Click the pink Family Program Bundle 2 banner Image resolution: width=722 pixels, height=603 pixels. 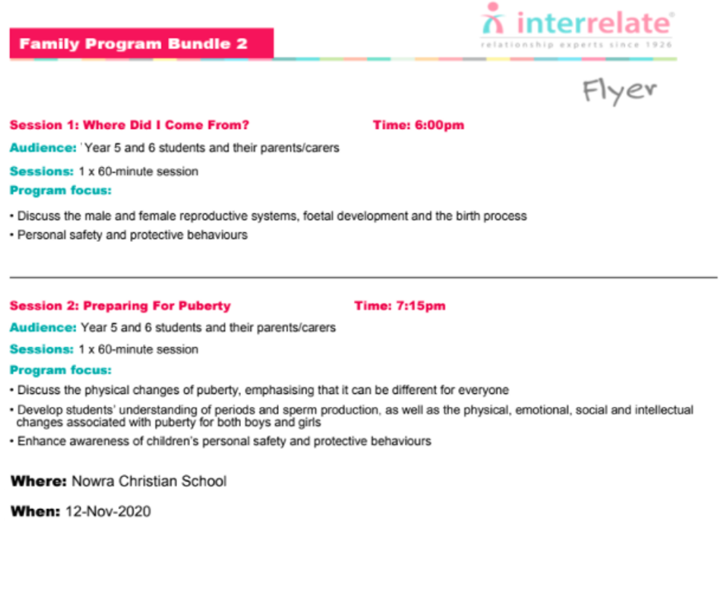click(141, 43)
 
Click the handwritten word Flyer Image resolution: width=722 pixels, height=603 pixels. click(620, 91)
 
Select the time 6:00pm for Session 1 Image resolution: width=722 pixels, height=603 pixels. click(439, 125)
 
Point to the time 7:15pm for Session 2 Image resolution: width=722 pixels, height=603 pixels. click(421, 306)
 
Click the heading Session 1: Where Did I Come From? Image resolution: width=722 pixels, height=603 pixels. click(129, 125)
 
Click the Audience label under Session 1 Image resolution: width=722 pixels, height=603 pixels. click(43, 147)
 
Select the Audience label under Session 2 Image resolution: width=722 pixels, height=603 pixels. click(43, 327)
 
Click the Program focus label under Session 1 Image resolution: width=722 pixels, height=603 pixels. click(61, 191)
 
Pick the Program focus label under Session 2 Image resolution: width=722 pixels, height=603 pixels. click(61, 370)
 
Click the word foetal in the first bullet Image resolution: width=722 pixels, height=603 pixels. click(318, 216)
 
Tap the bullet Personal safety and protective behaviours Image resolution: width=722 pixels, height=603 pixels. click(132, 235)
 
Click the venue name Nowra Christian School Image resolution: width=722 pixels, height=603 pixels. click(149, 482)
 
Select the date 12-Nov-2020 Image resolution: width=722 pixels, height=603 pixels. click(108, 512)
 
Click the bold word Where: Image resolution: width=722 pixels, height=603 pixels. click(39, 482)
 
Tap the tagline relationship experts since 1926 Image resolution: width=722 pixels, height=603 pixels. click(576, 44)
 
